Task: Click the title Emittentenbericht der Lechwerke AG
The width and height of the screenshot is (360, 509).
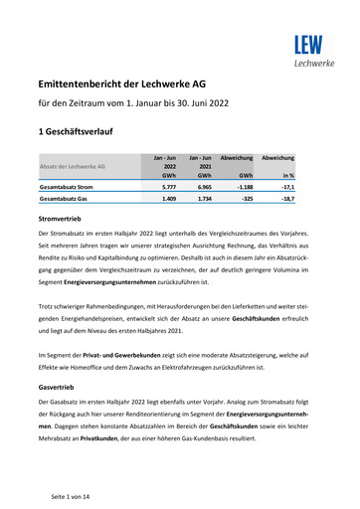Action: click(x=144, y=87)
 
